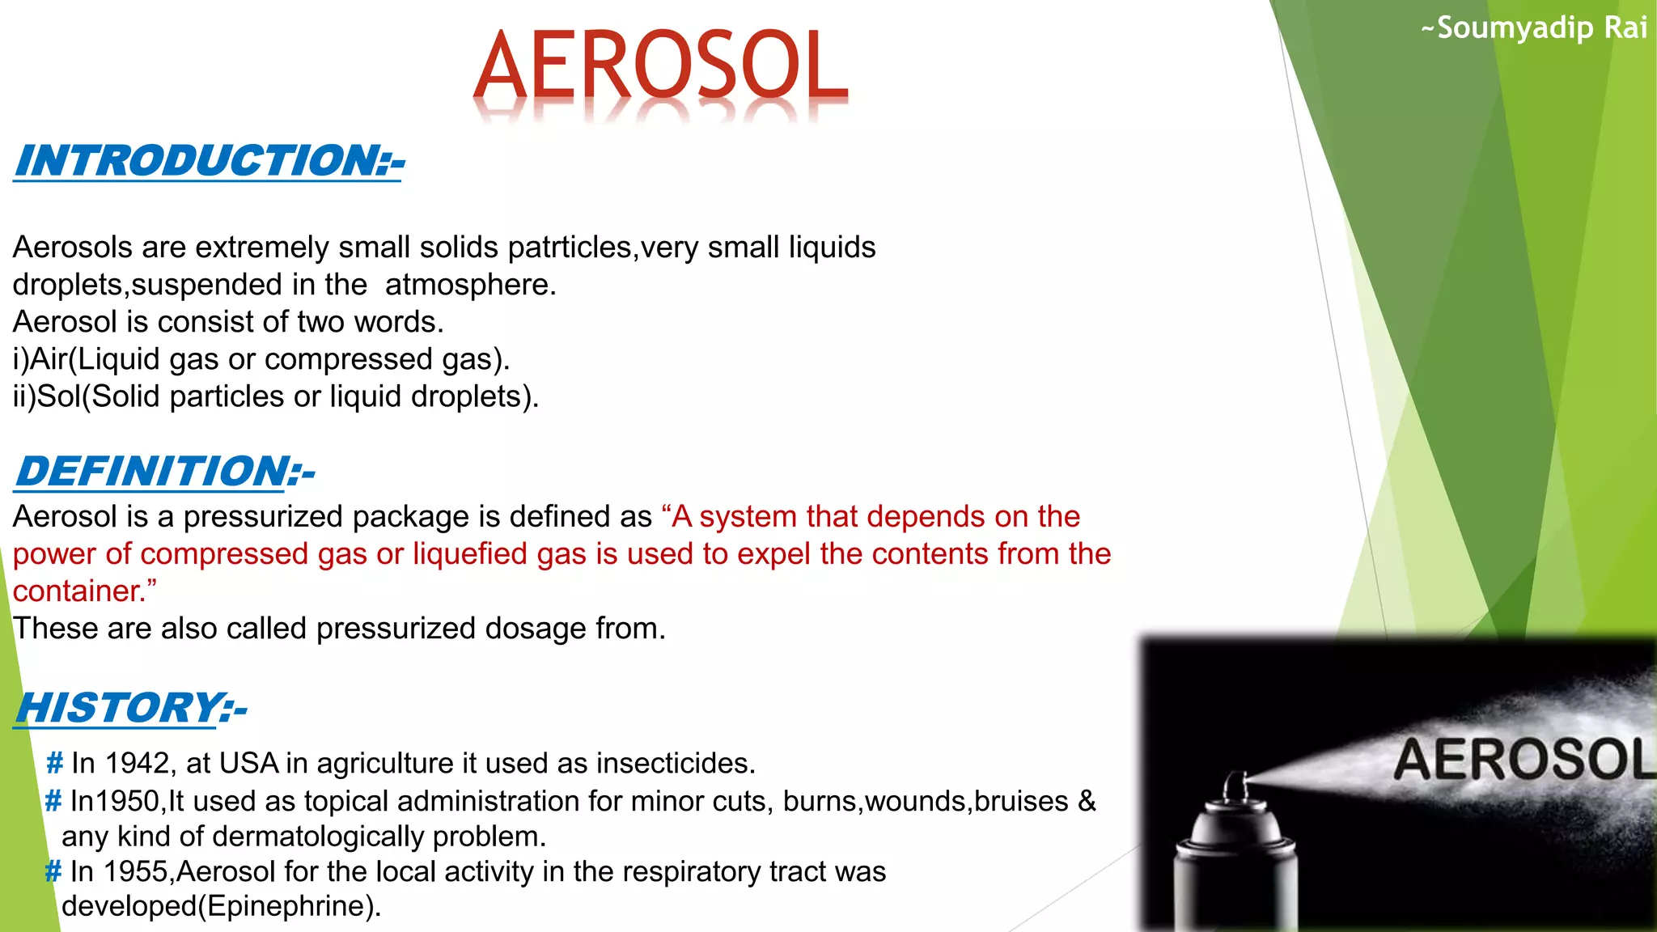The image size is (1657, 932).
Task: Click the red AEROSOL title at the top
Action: click(x=660, y=66)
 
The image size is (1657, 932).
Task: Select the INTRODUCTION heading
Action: click(x=209, y=160)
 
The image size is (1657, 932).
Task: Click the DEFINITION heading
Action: click(x=164, y=471)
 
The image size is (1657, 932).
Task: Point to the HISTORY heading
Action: click(x=130, y=708)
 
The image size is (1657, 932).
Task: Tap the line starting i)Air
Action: click(x=261, y=359)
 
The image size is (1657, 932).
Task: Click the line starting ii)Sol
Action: click(x=275, y=396)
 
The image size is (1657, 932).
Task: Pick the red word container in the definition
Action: click(x=78, y=591)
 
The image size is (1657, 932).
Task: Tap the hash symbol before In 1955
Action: click(x=53, y=871)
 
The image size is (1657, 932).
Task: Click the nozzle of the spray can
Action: click(x=1235, y=785)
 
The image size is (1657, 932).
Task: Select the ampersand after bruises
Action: click(x=1087, y=801)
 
